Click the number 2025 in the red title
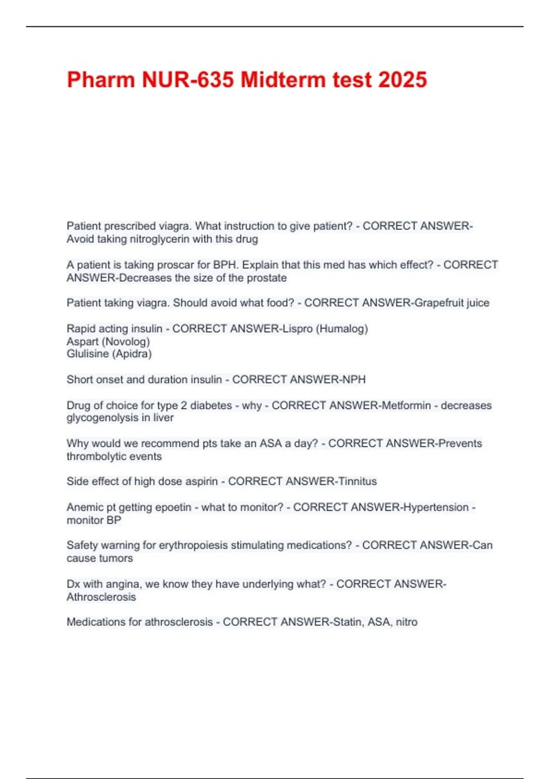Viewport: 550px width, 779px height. coord(402,80)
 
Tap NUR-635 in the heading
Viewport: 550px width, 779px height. coord(189,80)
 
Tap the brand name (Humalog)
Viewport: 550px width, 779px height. coord(342,329)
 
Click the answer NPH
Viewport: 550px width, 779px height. coord(356,379)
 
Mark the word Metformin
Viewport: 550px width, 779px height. coord(406,406)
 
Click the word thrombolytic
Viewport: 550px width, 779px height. coord(96,456)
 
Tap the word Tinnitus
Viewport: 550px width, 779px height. coord(357,481)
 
